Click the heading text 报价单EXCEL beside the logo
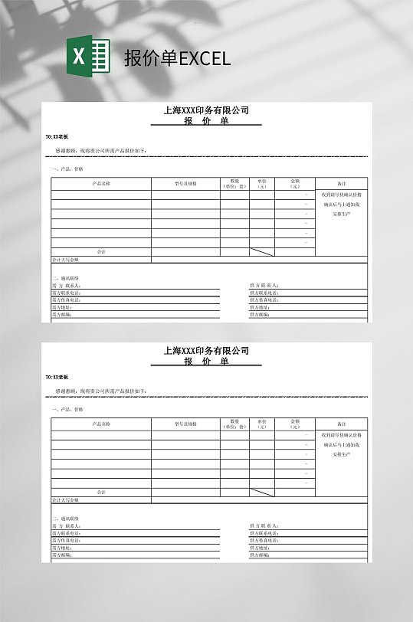(x=177, y=58)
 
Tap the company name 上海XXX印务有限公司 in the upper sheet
(x=206, y=110)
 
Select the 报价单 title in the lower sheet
(x=206, y=362)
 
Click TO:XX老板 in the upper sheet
(x=57, y=136)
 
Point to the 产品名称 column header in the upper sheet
(x=101, y=184)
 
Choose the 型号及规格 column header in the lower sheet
(x=185, y=424)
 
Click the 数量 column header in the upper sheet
(x=234, y=184)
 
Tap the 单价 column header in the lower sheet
(x=262, y=424)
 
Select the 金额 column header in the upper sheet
(x=295, y=184)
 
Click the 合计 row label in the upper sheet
(x=101, y=252)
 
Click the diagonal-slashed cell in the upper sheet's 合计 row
(x=262, y=252)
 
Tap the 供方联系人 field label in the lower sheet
(x=264, y=525)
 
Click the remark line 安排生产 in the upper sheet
(x=341, y=214)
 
